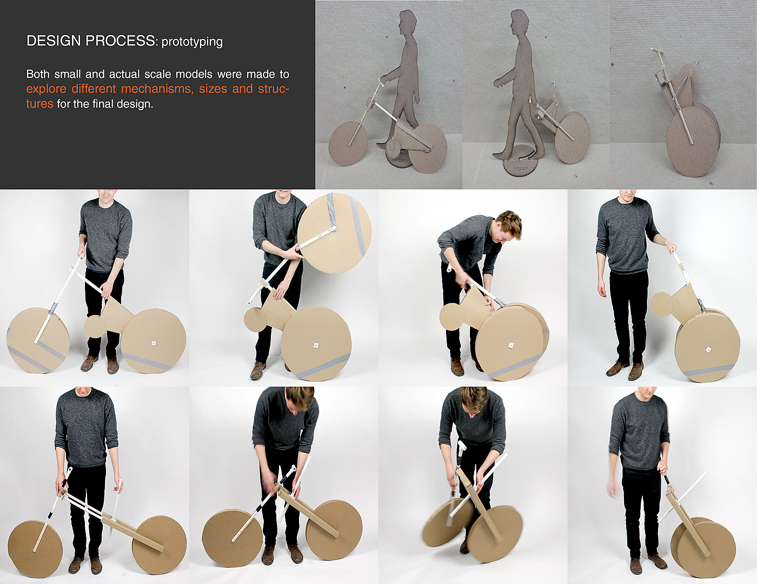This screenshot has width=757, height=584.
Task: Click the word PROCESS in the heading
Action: tap(120, 41)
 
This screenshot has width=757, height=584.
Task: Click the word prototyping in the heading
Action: tap(191, 42)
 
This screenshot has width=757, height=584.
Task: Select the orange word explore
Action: tap(47, 90)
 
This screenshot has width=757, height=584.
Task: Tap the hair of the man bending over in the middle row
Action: tap(508, 221)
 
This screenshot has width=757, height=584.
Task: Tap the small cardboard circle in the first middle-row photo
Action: tap(96, 326)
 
